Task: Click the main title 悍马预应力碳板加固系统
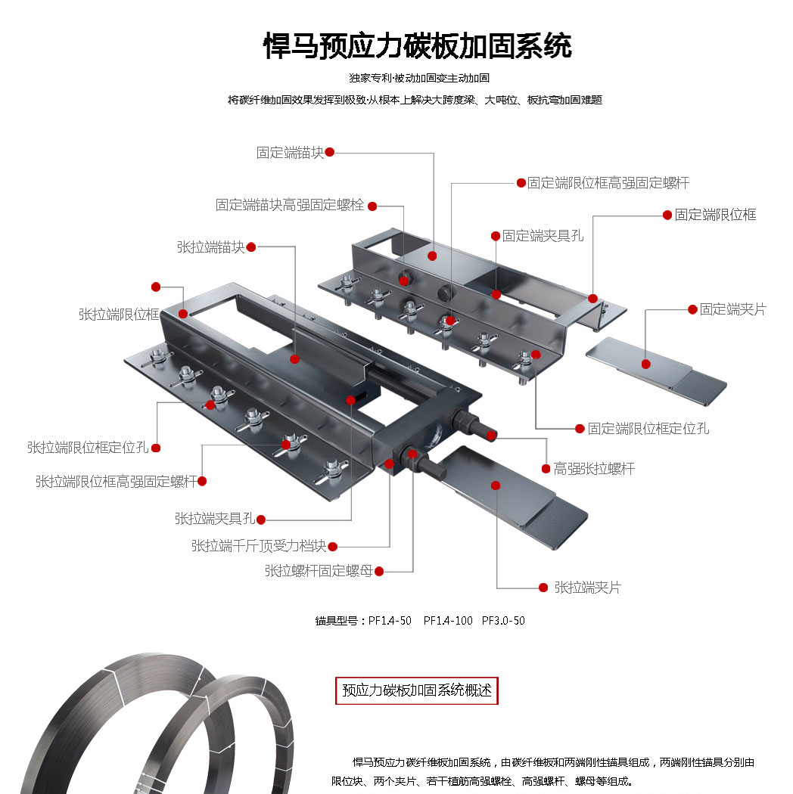(x=417, y=46)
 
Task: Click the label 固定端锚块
(x=290, y=153)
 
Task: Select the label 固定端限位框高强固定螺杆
(x=608, y=183)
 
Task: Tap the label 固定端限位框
(x=715, y=215)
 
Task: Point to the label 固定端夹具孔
(x=543, y=236)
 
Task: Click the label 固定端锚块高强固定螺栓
(x=290, y=205)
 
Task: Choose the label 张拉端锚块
(x=211, y=247)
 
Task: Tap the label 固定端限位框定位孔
(x=648, y=429)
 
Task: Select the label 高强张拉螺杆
(x=594, y=469)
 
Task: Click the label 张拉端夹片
(x=587, y=588)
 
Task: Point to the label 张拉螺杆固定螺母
(x=319, y=571)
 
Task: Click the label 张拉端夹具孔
(x=215, y=519)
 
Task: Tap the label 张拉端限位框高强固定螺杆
(x=116, y=481)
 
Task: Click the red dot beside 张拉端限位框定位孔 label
(x=156, y=448)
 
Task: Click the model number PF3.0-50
(x=503, y=621)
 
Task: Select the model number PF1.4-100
(x=448, y=621)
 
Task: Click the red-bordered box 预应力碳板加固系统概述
(x=417, y=690)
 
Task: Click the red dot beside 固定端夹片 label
(x=692, y=309)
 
